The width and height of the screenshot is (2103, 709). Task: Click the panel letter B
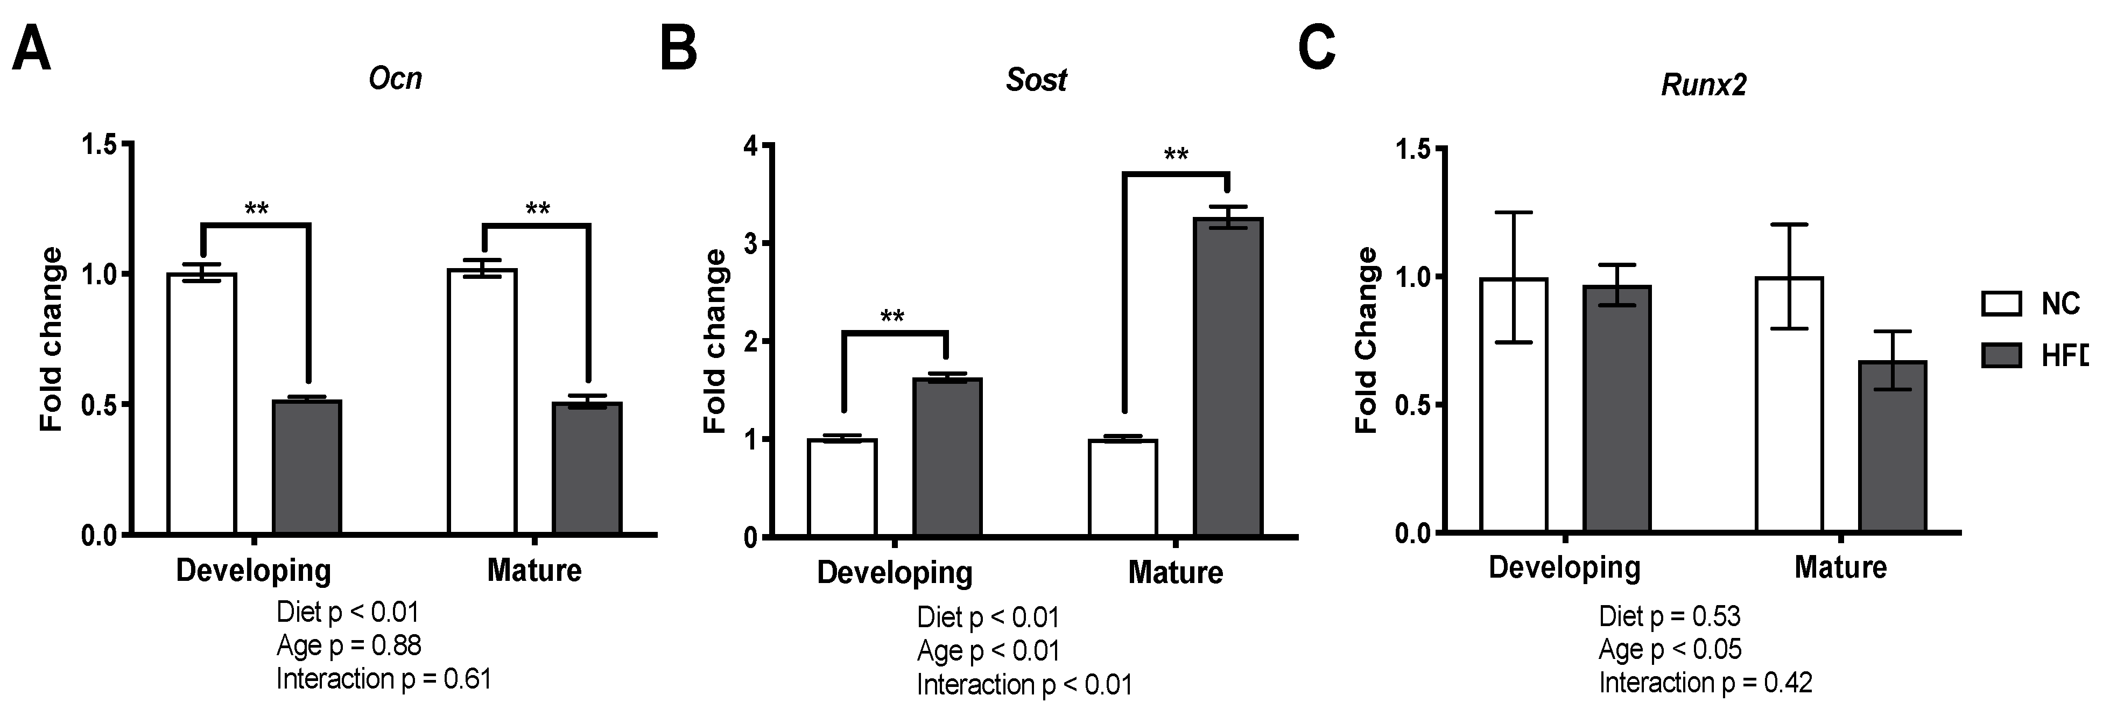click(678, 48)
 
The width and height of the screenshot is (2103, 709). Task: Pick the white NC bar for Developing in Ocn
click(202, 404)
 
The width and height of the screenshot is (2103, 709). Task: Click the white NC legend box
click(2001, 304)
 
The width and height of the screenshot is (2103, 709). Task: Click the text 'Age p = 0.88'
click(349, 646)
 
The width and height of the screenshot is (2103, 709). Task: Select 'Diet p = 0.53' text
click(1670, 616)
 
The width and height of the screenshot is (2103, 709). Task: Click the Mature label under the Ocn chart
click(534, 570)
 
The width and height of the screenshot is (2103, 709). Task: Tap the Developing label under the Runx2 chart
click(1564, 567)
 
